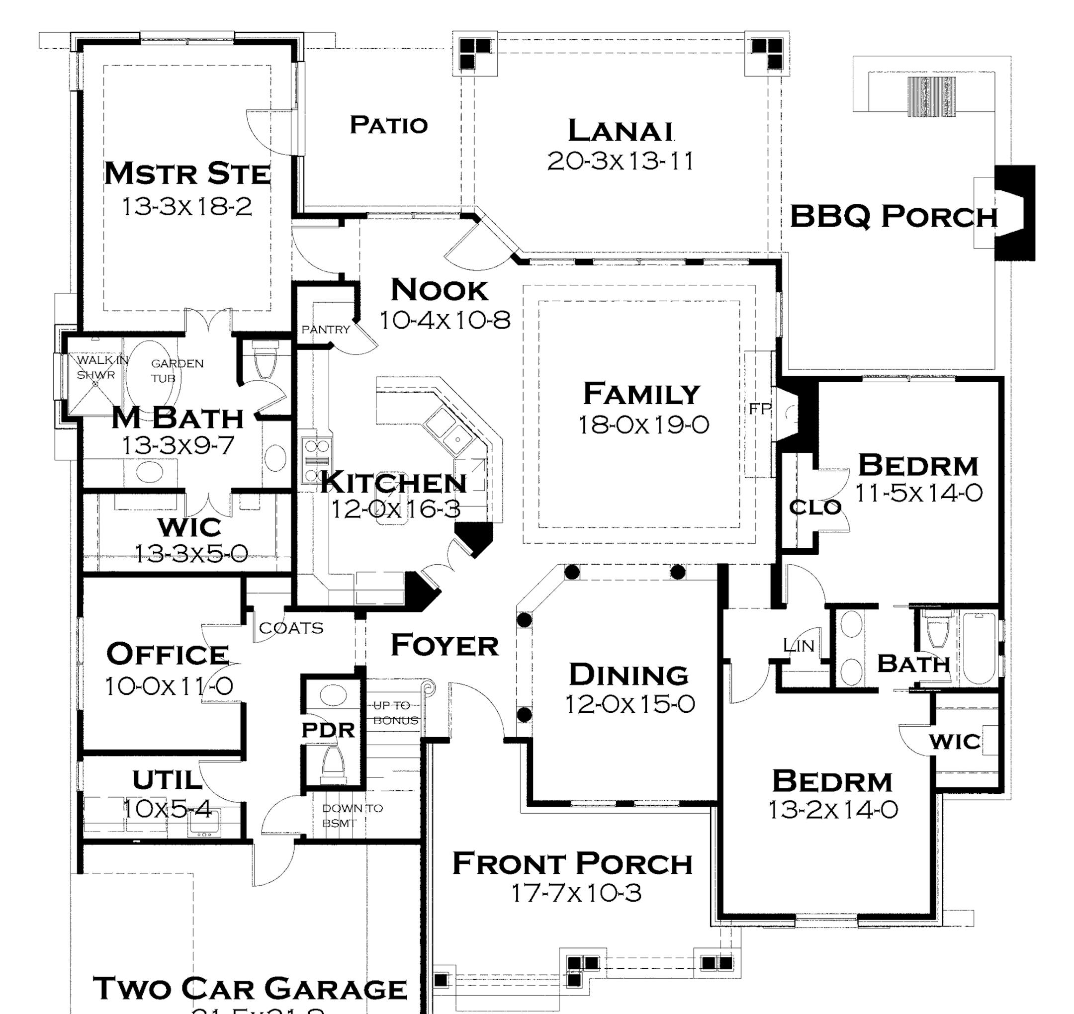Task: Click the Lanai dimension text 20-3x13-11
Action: (x=620, y=161)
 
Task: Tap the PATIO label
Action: (x=388, y=125)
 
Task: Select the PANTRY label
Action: (x=326, y=329)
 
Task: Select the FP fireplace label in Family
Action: (x=759, y=409)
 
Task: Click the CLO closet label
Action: (x=815, y=507)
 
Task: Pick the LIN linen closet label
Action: (x=798, y=645)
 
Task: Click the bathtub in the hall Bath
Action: (x=980, y=648)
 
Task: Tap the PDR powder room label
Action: (x=328, y=730)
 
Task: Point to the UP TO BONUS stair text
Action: (x=395, y=713)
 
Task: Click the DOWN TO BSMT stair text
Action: (x=352, y=816)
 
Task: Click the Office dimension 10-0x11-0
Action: (x=169, y=686)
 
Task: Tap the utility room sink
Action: (x=204, y=825)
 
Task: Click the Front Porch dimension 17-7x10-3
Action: (x=576, y=893)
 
